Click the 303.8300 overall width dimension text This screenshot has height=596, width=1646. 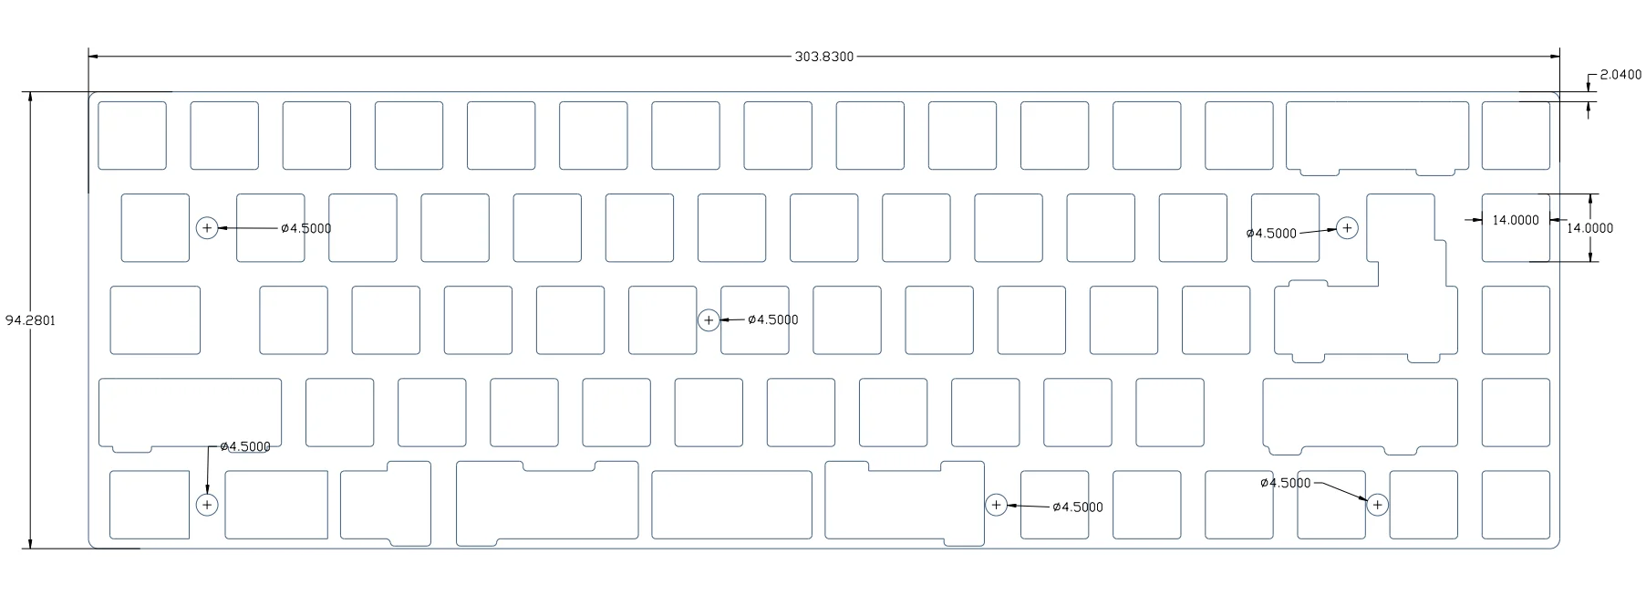coord(823,57)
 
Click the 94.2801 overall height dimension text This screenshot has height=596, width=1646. coord(30,320)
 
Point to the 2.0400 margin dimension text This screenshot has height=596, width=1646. coord(1620,75)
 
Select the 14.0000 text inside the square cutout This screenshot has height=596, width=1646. coord(1515,220)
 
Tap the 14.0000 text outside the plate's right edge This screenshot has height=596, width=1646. coord(1589,228)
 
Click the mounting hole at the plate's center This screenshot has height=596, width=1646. coord(709,320)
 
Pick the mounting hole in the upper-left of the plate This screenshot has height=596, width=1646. coord(207,228)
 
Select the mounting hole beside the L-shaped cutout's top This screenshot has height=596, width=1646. coord(1347,228)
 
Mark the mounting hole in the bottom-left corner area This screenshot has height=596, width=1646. coord(207,504)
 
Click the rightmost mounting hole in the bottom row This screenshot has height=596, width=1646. coord(1377,504)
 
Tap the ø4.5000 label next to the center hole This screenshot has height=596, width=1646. coord(772,319)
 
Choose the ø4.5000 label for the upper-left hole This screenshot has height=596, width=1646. coord(305,228)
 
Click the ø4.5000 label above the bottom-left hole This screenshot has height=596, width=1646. coord(245,446)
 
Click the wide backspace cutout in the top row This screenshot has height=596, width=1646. coord(1377,134)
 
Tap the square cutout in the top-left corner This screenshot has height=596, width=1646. coord(132,135)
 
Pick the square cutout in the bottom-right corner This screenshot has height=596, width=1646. coord(1516,504)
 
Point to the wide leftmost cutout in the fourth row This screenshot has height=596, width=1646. coord(190,412)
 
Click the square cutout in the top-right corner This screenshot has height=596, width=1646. coord(1516,135)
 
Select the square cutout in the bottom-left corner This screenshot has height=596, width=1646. coord(150,504)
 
